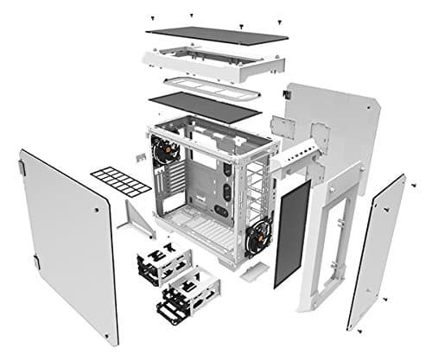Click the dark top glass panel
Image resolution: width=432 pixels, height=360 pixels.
pos(216,34)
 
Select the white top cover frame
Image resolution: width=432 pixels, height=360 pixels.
pos(213,64)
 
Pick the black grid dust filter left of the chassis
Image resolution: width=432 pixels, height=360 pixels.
pos(120,180)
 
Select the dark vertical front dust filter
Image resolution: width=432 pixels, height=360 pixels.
pos(292,232)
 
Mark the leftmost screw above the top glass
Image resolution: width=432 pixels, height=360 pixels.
pos(152,17)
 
